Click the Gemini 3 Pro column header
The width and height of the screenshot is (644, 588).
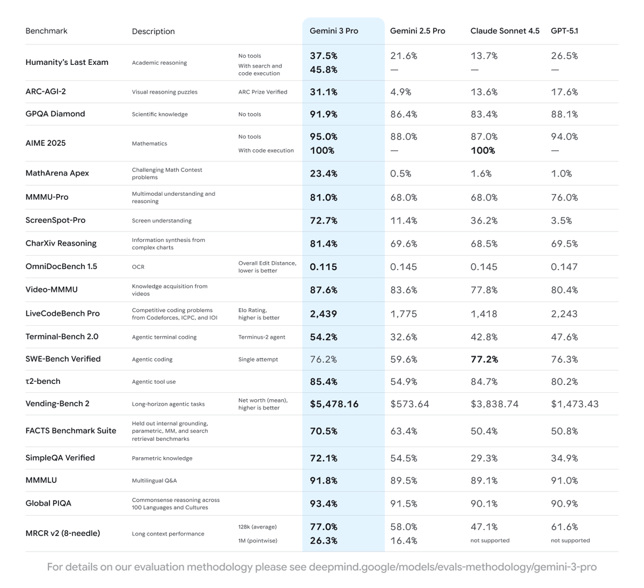pyautogui.click(x=334, y=31)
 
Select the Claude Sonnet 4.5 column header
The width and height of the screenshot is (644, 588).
pyautogui.click(x=504, y=31)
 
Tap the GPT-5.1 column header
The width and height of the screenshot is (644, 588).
pyautogui.click(x=565, y=31)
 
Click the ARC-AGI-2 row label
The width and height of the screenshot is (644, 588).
pyautogui.click(x=46, y=92)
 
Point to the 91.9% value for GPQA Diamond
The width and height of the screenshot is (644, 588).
pyautogui.click(x=324, y=114)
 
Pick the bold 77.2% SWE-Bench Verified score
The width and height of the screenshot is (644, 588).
pyautogui.click(x=484, y=360)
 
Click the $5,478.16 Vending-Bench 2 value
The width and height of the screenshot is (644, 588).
pyautogui.click(x=334, y=404)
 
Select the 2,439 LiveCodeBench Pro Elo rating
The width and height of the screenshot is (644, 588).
pyautogui.click(x=324, y=314)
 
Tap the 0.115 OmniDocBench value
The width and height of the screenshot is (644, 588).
pyautogui.click(x=324, y=267)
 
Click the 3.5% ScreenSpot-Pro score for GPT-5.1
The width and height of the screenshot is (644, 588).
pyautogui.click(x=561, y=221)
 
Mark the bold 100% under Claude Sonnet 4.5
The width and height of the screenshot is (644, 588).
pyautogui.click(x=482, y=151)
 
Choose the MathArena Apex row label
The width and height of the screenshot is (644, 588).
pyautogui.click(x=57, y=173)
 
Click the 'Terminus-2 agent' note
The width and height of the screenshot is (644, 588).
pyautogui.click(x=261, y=337)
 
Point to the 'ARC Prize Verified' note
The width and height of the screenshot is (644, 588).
pyautogui.click(x=262, y=92)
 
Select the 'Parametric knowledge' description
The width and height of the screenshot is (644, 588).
pyautogui.click(x=162, y=458)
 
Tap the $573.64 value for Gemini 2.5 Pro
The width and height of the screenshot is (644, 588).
pyautogui.click(x=409, y=404)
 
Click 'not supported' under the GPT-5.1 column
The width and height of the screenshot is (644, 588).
pyautogui.click(x=570, y=541)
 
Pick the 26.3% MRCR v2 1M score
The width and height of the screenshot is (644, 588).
pyautogui.click(x=324, y=541)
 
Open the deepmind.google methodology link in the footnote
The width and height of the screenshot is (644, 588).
pyautogui.click(x=452, y=567)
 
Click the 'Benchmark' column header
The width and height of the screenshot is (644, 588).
pyautogui.click(x=46, y=31)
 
